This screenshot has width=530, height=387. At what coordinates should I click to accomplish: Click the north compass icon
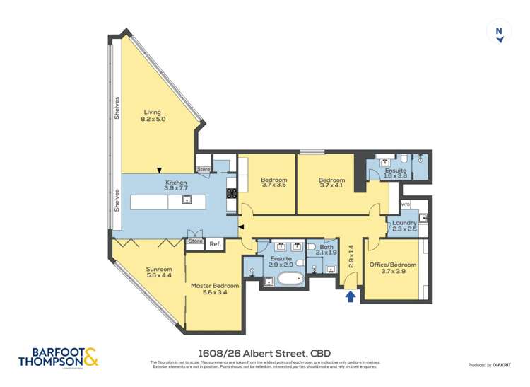click(500, 33)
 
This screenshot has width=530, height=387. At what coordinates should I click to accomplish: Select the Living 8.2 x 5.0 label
click(153, 116)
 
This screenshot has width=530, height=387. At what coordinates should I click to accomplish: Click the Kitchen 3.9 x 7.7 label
click(176, 186)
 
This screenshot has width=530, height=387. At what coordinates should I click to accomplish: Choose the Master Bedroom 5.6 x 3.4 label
click(215, 289)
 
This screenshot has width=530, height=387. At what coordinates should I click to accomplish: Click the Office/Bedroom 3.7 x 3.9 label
click(393, 268)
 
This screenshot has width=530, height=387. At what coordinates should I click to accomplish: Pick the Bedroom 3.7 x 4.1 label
click(331, 184)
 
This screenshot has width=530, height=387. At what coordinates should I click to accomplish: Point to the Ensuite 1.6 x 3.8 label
click(395, 173)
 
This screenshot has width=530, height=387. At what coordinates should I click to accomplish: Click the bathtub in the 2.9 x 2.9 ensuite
click(290, 277)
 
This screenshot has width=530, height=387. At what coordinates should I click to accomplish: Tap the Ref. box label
click(215, 243)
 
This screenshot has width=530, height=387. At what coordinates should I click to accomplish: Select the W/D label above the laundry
click(406, 205)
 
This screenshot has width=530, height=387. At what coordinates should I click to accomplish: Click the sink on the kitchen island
click(187, 200)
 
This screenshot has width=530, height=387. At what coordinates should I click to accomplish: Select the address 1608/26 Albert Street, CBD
click(265, 353)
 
